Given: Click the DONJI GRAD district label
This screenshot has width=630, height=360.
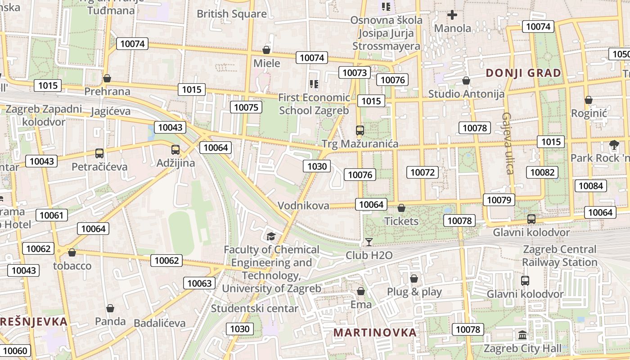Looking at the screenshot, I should tap(523, 73).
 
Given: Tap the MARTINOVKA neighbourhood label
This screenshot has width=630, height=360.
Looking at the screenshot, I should tap(375, 333).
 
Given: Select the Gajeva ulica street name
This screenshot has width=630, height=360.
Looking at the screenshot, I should tap(508, 143).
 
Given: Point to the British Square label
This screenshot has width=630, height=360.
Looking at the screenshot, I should tap(232, 14).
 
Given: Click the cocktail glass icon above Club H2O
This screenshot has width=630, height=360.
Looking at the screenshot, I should tap(369, 242).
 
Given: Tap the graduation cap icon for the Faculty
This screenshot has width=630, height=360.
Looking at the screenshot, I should tap(271, 237).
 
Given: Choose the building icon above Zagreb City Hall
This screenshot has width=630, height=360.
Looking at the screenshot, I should tap(522, 335).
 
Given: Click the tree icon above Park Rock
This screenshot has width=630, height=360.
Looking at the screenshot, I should tap(613, 145).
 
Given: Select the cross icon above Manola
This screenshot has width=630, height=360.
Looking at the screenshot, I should tap(452, 15).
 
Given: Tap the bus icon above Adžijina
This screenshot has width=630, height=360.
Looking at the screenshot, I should tap(175, 150).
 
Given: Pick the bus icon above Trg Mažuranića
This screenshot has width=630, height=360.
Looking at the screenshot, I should tap(360, 130).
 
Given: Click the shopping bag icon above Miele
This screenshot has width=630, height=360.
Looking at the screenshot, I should tap(266, 49).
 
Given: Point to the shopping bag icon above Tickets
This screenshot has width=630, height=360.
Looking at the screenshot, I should tap(401, 208).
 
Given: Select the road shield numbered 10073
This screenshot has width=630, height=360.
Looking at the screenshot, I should tap(355, 72).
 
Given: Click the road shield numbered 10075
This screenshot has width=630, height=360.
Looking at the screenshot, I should tap(246, 107).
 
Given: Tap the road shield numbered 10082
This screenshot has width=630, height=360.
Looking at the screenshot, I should tap(544, 172).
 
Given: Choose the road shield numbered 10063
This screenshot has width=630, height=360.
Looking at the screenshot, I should tap(199, 283).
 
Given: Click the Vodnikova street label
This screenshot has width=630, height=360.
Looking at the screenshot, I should tap(303, 206).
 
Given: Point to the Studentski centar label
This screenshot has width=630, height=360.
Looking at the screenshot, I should tap(255, 309).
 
